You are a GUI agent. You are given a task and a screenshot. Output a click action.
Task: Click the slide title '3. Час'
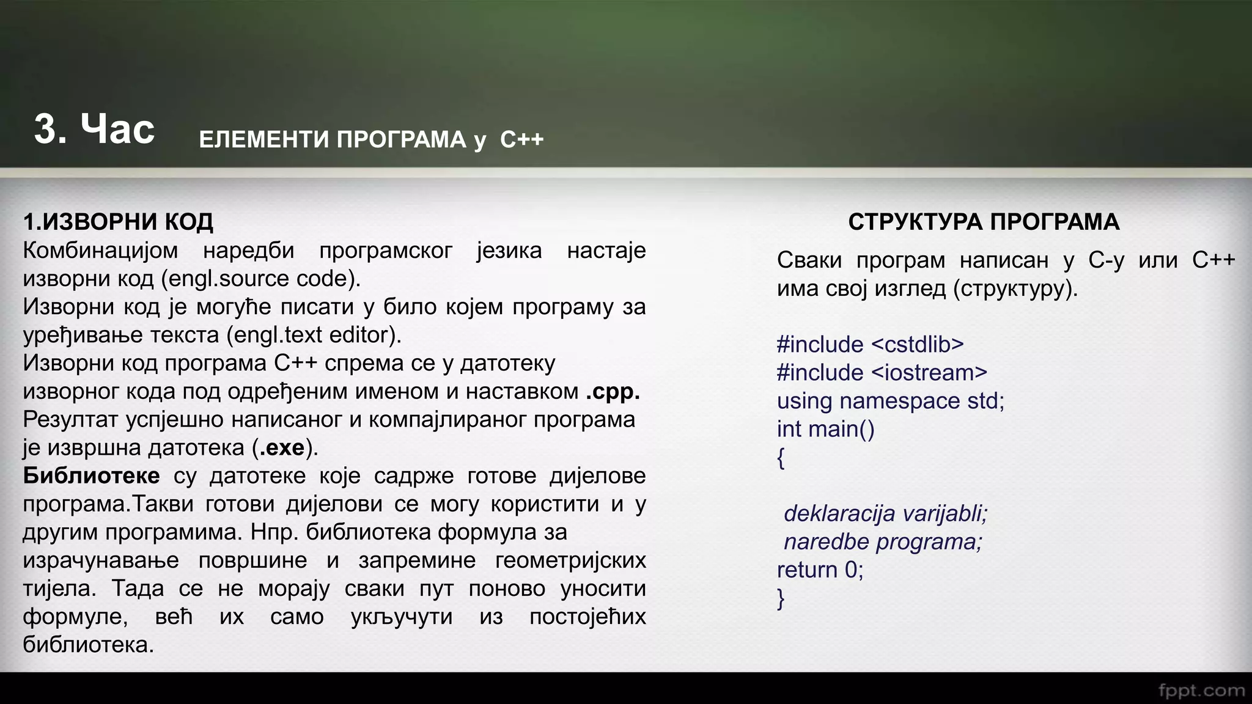click(94, 130)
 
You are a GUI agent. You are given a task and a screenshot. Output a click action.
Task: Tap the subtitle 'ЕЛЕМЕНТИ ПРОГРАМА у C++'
click(371, 140)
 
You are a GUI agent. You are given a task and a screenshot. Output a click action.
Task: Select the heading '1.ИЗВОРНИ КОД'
click(118, 222)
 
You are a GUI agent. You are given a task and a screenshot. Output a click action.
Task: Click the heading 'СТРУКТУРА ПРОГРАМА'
click(983, 222)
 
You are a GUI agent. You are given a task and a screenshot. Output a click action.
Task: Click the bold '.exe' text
click(282, 448)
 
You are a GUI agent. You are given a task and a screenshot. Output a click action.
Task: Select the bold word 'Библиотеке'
click(91, 475)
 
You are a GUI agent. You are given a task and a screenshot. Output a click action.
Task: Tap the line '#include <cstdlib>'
click(870, 345)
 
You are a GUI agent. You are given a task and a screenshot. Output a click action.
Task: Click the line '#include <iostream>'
click(882, 373)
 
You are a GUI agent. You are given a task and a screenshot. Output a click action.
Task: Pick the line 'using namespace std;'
click(890, 401)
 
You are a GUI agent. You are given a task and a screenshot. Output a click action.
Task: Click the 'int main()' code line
click(825, 429)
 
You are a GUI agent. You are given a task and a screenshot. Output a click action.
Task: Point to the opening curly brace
click(781, 458)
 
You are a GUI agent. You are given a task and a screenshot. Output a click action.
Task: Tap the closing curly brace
click(781, 598)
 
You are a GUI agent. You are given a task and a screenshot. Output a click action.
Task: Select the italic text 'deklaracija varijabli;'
click(885, 513)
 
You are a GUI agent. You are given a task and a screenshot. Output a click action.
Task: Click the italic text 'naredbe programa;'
click(882, 542)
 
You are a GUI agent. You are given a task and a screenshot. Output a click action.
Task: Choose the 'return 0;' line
click(820, 570)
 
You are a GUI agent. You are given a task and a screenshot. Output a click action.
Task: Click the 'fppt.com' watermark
click(1201, 691)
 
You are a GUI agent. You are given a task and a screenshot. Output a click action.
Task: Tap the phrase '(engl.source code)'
click(261, 279)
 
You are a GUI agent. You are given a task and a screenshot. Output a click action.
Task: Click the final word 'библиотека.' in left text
click(88, 645)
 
